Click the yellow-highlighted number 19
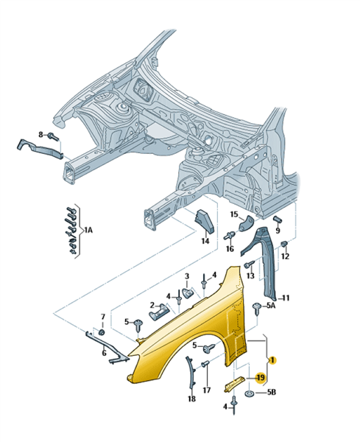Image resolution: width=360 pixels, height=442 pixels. coord(261,377)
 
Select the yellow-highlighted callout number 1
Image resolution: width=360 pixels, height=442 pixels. coord(272,360)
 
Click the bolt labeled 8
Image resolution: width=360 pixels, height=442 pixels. coord(53,137)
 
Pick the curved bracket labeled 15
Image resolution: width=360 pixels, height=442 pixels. coord(247,224)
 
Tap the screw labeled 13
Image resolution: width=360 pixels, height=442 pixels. coord(249,264)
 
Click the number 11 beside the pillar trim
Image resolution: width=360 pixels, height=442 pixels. coord(286,298)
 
